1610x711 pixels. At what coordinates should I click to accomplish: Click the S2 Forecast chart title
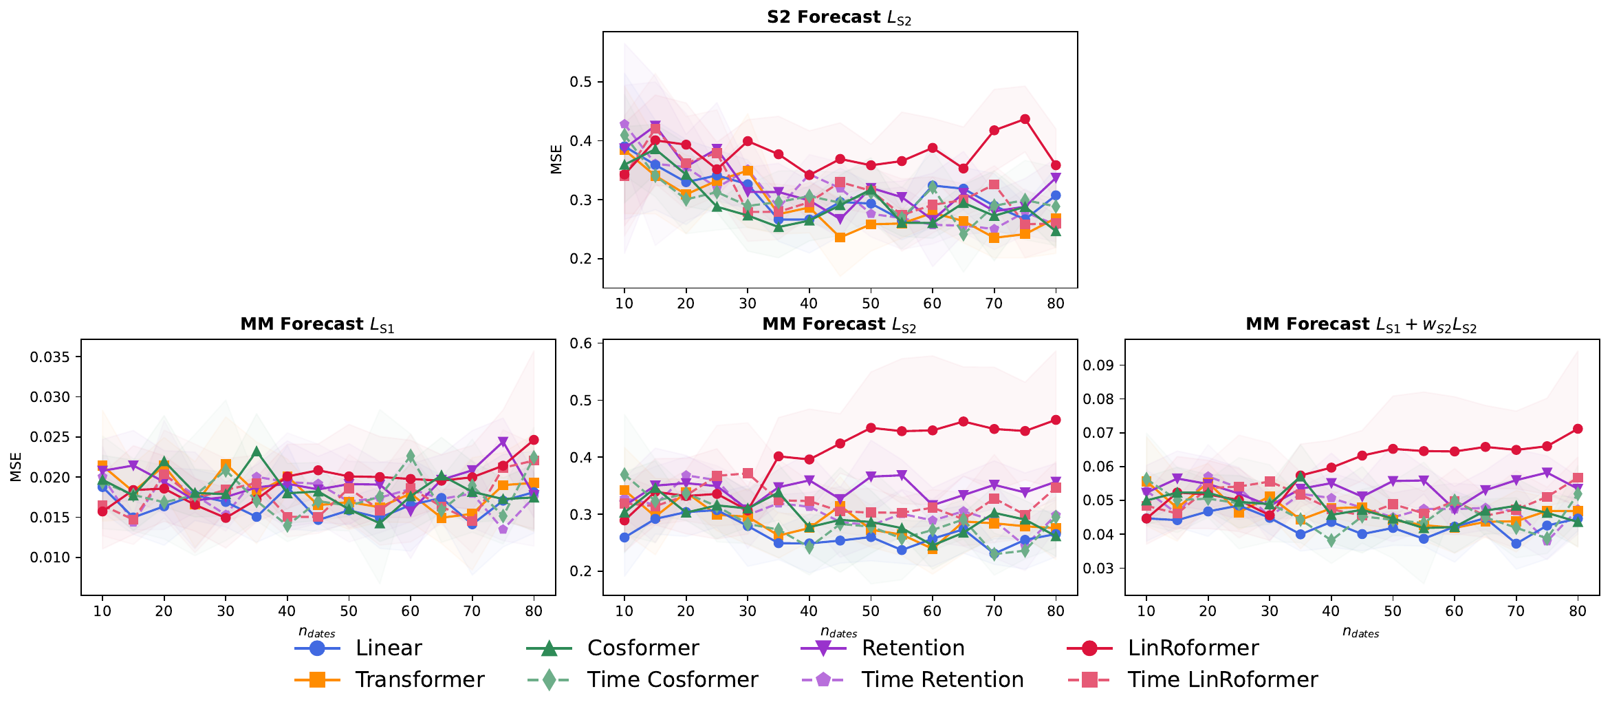(x=839, y=17)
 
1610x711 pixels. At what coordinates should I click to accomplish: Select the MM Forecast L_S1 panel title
(x=317, y=324)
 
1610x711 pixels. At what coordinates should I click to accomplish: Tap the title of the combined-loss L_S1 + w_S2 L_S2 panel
(x=1361, y=324)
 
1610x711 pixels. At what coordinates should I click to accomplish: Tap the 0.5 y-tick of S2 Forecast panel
(x=581, y=82)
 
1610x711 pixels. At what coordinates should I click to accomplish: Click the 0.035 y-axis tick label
(x=50, y=357)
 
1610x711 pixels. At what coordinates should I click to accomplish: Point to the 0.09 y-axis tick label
(x=1098, y=365)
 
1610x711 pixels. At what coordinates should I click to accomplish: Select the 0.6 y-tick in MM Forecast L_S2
(x=581, y=343)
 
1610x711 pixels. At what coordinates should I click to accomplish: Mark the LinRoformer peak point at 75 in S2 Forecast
(x=1025, y=119)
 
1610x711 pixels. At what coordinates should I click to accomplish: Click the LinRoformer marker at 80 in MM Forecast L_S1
(x=534, y=440)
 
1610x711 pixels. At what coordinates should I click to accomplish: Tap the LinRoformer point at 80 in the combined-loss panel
(x=1578, y=429)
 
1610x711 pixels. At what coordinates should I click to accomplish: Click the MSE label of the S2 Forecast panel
(x=556, y=159)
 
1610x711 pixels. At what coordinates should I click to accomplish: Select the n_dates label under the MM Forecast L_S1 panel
(x=317, y=632)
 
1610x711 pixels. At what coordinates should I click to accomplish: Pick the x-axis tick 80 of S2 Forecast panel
(x=1056, y=304)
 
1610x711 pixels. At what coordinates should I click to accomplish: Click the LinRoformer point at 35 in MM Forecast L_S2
(x=779, y=456)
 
